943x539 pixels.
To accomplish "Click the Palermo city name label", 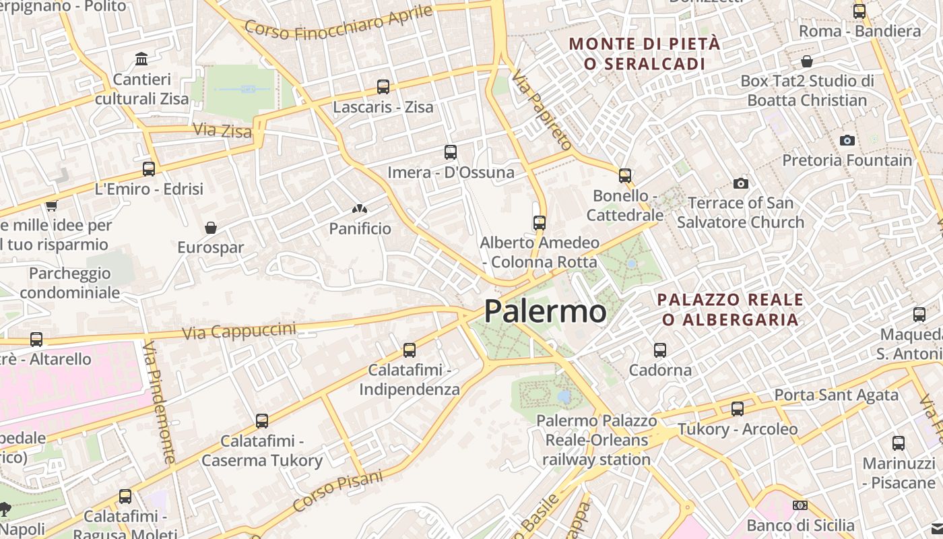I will tap(545, 311).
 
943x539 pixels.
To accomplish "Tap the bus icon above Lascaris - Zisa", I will tap(383, 87).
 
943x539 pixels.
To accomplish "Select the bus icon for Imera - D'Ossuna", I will tap(451, 152).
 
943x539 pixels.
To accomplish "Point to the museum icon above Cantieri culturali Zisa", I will tap(141, 59).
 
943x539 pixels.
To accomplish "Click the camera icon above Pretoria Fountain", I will tap(847, 140).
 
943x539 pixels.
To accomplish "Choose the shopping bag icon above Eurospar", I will tap(211, 228).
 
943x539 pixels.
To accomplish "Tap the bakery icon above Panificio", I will tap(360, 210).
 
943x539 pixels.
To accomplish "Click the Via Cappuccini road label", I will tap(239, 331).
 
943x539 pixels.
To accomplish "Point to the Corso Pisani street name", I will tap(337, 490).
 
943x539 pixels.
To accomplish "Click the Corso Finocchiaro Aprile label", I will tap(338, 22).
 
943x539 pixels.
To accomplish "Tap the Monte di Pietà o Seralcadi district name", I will tap(645, 54).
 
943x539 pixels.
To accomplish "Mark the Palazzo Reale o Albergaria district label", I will tap(730, 309).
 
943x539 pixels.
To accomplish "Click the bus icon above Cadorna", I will tap(660, 350).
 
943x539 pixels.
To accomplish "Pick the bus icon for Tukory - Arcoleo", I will tap(738, 409).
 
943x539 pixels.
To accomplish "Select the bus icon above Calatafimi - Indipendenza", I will tap(410, 350).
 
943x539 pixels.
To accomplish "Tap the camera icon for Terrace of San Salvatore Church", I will tap(741, 183).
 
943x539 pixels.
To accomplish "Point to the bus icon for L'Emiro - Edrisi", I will tap(149, 169).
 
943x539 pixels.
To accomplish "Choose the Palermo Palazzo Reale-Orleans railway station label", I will tap(596, 440).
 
